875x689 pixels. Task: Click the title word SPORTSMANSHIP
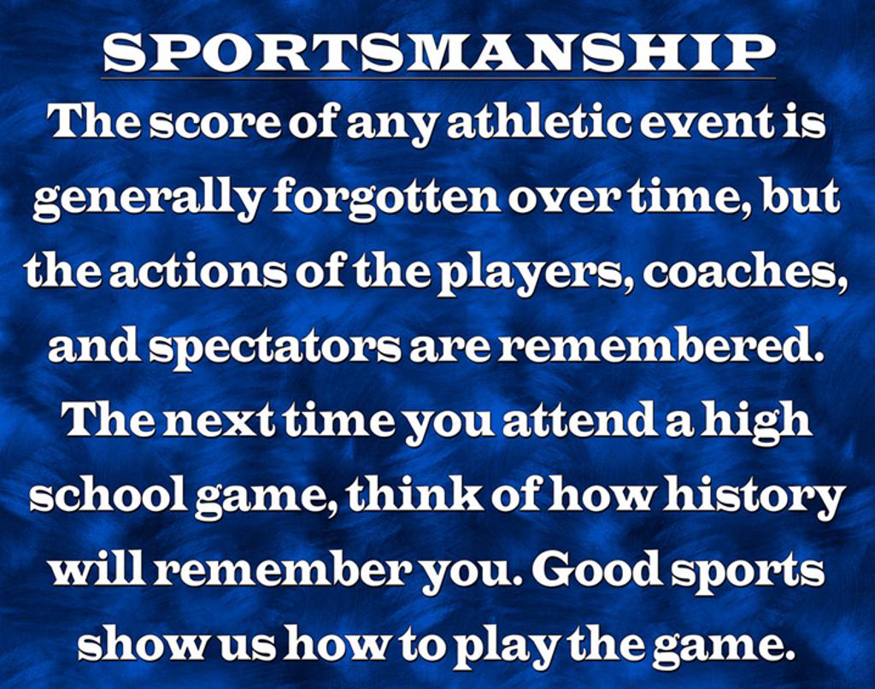[x=439, y=53]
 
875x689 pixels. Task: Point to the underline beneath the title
[x=438, y=78]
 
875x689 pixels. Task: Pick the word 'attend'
[x=582, y=421]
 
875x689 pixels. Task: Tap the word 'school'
[x=109, y=494]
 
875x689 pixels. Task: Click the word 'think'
[x=416, y=494]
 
